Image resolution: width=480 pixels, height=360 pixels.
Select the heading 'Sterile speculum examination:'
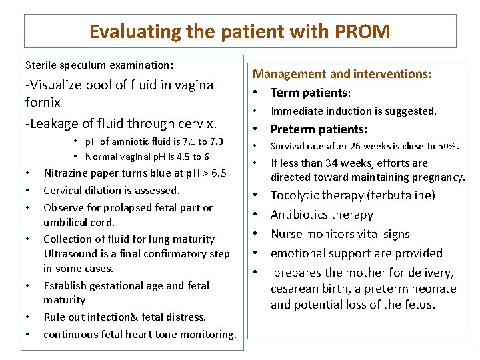click(x=99, y=65)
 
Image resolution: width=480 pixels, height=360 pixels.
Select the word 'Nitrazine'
click(x=67, y=173)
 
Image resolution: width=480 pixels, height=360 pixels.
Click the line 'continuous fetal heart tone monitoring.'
click(x=139, y=335)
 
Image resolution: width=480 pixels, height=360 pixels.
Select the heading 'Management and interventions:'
click(x=341, y=74)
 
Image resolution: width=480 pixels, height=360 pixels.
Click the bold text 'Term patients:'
click(x=311, y=93)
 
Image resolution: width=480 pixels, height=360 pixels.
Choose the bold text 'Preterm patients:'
click(x=319, y=129)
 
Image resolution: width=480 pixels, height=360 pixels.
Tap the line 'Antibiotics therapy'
click(x=321, y=215)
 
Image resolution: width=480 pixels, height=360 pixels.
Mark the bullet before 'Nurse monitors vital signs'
click(x=256, y=234)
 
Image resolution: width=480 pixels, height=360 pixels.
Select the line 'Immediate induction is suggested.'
click(x=353, y=111)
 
